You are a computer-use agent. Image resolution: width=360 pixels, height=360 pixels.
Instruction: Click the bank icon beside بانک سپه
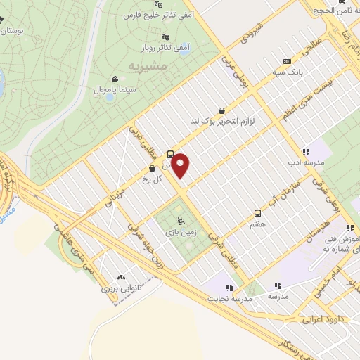tap(285, 60)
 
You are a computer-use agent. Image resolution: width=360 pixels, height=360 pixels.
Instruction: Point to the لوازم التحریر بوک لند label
tap(221, 121)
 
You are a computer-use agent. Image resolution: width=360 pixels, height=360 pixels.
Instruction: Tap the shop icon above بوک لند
tap(222, 110)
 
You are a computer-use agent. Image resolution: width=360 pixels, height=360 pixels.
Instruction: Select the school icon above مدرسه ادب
tap(305, 151)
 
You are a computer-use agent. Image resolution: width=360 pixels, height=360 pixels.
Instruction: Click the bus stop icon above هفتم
tap(257, 212)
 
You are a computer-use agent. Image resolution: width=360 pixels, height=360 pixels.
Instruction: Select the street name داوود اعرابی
tap(320, 319)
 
